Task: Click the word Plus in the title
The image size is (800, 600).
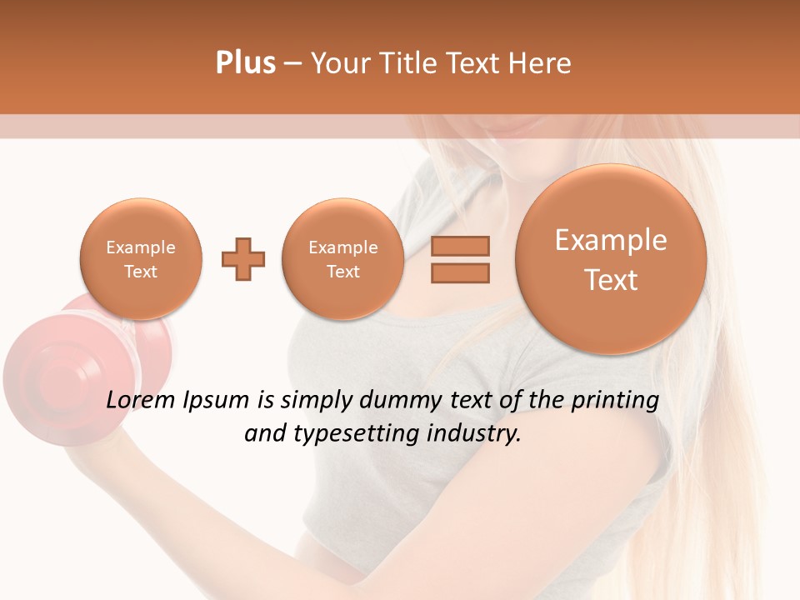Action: click(245, 63)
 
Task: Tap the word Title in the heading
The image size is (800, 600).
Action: click(410, 63)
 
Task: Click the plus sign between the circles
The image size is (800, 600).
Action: click(243, 258)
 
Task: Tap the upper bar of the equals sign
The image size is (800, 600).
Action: click(459, 246)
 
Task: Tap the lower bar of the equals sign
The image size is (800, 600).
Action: click(459, 272)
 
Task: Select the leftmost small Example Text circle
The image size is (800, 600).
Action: click(141, 258)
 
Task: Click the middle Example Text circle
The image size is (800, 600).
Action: click(342, 258)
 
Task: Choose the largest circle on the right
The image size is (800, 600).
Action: click(611, 259)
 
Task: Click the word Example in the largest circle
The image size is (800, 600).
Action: click(611, 240)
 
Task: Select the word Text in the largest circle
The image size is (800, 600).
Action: click(611, 280)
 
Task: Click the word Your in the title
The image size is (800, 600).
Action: click(342, 63)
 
